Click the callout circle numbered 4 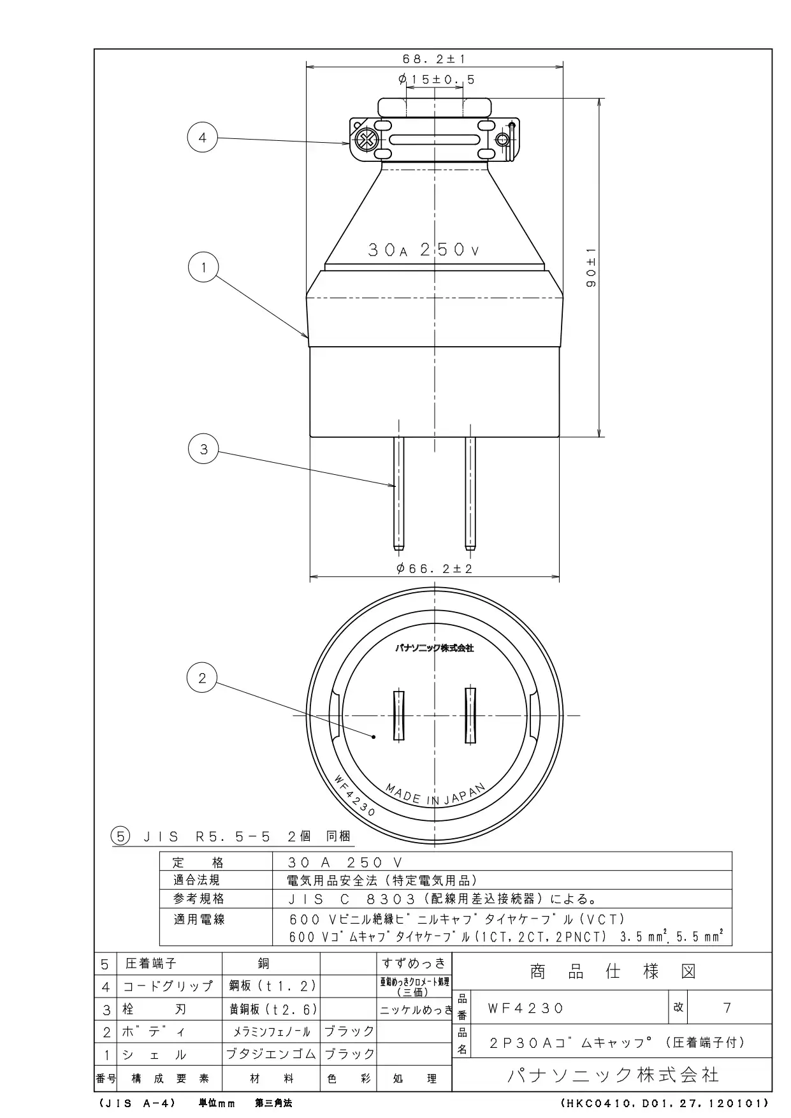pos(203,138)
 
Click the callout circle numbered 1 pos(203,268)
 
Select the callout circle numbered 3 pos(203,449)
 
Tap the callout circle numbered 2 pos(203,678)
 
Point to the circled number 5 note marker pos(120,836)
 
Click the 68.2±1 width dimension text pos(433,59)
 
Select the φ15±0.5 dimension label pos(436,80)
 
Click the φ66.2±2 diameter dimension pos(435,569)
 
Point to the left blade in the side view pos(398,493)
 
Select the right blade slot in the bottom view pos(470,715)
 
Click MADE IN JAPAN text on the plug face pos(435,796)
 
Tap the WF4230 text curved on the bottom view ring pos(354,795)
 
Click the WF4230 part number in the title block pos(526,1008)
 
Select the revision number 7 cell pos(727,1008)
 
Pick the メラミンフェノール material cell pos(271,1031)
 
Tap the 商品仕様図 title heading pos(613,971)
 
